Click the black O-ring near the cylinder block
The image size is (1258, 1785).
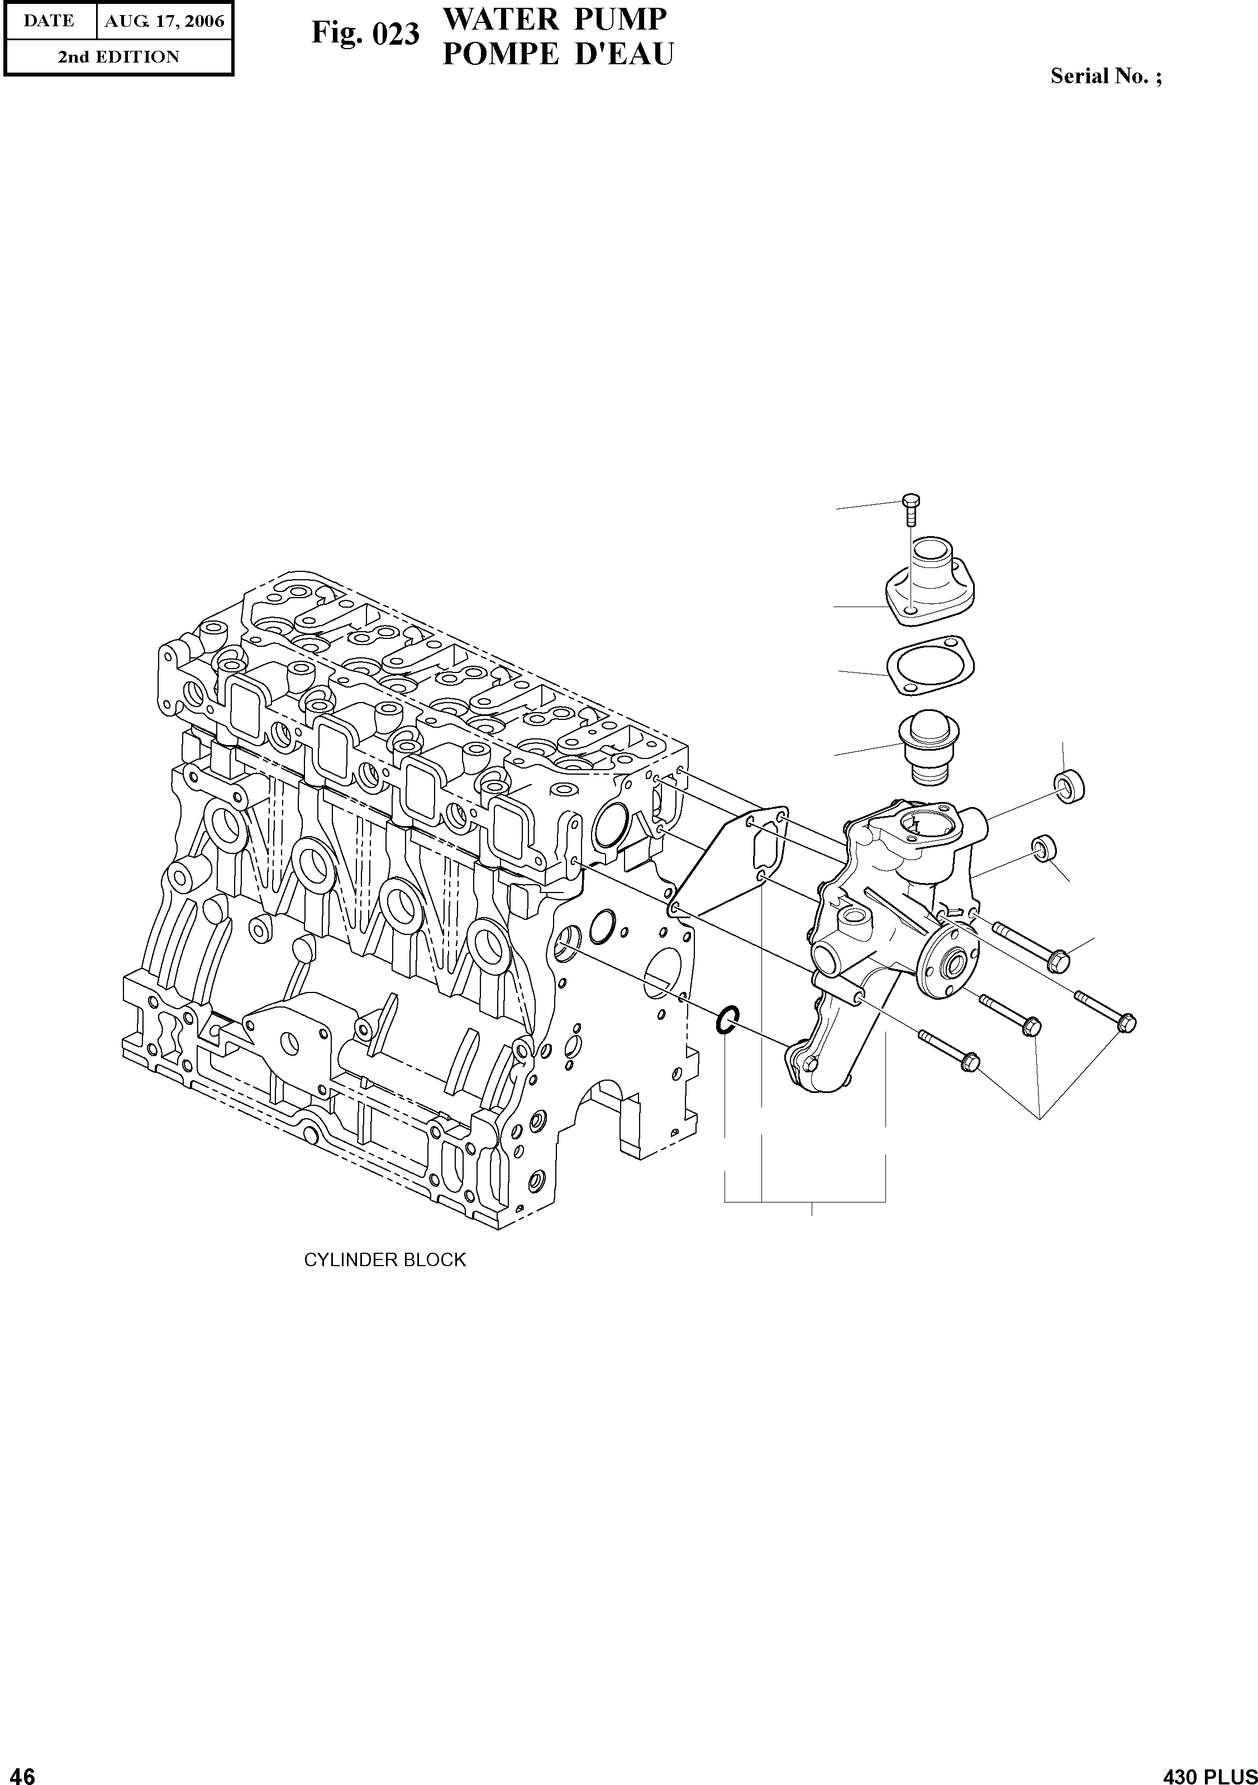click(x=726, y=1019)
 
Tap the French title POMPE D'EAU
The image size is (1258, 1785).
click(x=557, y=54)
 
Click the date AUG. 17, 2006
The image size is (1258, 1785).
click(x=164, y=21)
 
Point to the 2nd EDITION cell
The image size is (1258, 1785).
click(x=118, y=57)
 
